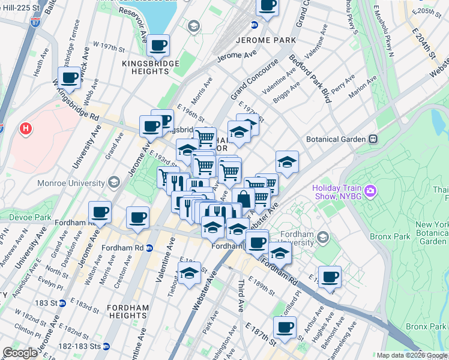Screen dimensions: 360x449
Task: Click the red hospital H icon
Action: (x=26, y=128)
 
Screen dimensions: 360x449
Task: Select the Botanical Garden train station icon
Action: (x=373, y=139)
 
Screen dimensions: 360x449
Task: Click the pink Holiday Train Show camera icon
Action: (x=370, y=191)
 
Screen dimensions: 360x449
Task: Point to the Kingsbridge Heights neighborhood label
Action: (x=145, y=67)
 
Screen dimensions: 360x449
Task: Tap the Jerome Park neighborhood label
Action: (x=265, y=40)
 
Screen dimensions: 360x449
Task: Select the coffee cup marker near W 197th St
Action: (x=158, y=45)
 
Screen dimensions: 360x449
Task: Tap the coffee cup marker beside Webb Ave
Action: (x=70, y=77)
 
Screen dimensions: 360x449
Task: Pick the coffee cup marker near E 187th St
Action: (x=285, y=327)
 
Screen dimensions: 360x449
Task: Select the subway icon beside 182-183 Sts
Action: (x=106, y=346)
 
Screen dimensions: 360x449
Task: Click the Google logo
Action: (x=20, y=353)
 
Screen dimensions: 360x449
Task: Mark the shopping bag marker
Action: (x=244, y=199)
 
